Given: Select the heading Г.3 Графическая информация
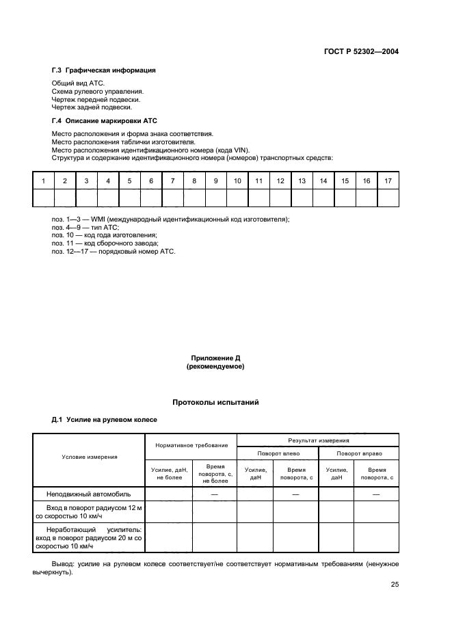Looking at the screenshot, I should [103, 70].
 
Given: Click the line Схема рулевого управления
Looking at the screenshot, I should [98, 91].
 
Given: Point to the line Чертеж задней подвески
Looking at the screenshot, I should [92, 107].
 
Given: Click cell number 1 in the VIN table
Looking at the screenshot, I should [43, 181].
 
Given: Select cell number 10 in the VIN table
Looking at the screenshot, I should [237, 181].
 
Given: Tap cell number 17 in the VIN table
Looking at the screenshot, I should [388, 181].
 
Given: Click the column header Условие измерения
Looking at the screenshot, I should [90, 457].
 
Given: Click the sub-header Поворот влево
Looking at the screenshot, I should [278, 453].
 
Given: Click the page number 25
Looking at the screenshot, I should [395, 585].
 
